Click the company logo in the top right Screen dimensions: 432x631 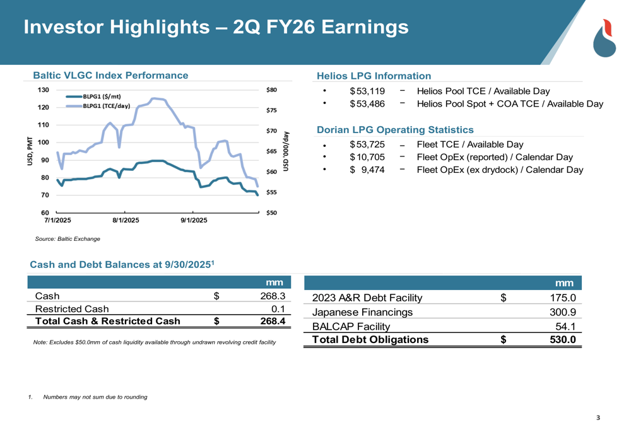pos(607,38)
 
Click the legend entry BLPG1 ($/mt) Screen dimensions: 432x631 pos(105,96)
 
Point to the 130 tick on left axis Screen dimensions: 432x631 pos(43,90)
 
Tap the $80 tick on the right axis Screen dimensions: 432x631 pos(273,90)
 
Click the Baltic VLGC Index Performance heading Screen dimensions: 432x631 pos(110,76)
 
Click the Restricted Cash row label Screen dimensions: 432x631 pos(71,308)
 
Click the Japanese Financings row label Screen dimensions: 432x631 pos(363,312)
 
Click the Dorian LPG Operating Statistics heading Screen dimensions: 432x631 pos(395,130)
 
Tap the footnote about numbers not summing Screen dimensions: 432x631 pos(95,397)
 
